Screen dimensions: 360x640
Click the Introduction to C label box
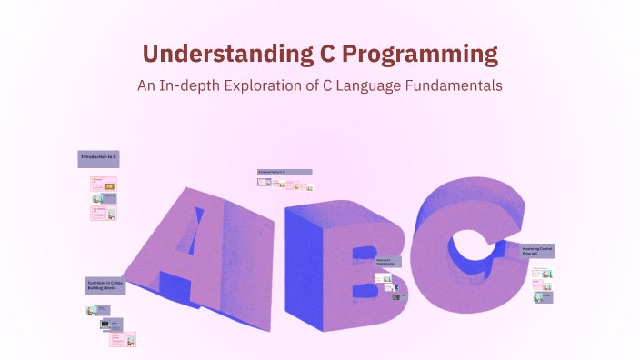[x=98, y=158]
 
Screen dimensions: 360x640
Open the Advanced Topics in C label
[x=285, y=171]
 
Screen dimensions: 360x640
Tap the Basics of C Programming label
[x=386, y=262]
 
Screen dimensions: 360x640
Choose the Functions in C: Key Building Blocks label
[x=105, y=285]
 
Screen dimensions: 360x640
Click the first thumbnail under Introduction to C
[x=104, y=184]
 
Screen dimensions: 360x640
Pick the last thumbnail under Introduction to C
[x=104, y=214]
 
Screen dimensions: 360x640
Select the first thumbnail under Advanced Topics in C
[x=264, y=183]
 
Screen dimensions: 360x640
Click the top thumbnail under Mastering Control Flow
[x=543, y=272]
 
